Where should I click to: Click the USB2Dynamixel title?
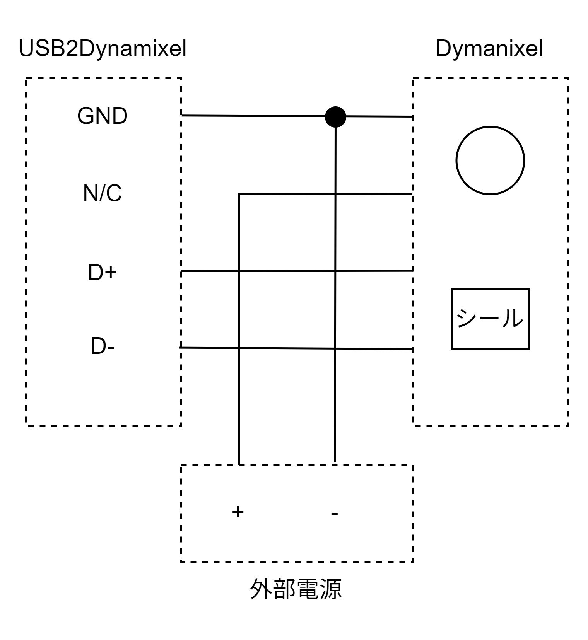click(103, 49)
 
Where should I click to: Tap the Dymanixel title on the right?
click(489, 49)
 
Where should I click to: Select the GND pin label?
click(102, 116)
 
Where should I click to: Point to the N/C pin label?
click(102, 193)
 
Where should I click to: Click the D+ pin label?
click(102, 273)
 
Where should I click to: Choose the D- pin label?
click(103, 346)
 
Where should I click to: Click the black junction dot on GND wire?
click(335, 116)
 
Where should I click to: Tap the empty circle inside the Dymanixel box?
click(490, 160)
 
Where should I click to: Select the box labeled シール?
click(490, 319)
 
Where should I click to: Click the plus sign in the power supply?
click(238, 512)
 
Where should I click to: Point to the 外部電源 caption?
click(296, 589)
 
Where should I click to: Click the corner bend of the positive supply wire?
click(239, 194)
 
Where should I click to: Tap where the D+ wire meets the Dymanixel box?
click(413, 271)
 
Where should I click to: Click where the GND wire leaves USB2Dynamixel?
click(181, 115)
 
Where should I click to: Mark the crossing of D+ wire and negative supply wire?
click(335, 271)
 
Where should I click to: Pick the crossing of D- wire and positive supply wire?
click(239, 348)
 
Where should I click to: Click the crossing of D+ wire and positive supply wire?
click(239, 271)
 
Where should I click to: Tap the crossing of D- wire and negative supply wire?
click(335, 348)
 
